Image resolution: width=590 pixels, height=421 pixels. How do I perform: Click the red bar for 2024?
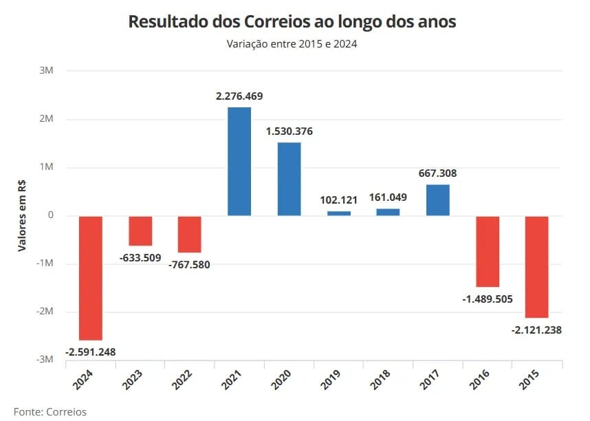(x=91, y=278)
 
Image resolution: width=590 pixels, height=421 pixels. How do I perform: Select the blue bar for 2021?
(x=239, y=162)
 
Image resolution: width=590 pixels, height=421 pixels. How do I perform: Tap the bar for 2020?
(x=289, y=179)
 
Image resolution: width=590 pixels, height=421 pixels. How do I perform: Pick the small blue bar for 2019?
(x=338, y=213)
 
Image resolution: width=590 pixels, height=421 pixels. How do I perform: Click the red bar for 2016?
(x=488, y=251)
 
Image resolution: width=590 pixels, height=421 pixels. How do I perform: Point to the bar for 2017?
(x=437, y=200)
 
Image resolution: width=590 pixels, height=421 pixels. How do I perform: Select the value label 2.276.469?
(x=239, y=96)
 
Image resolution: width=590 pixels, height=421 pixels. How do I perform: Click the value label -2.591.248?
(x=91, y=352)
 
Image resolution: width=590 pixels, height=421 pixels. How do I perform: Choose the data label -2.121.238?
(x=536, y=330)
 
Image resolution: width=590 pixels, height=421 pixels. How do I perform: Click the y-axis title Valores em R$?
(x=22, y=216)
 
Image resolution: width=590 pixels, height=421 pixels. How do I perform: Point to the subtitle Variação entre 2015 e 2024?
(x=292, y=43)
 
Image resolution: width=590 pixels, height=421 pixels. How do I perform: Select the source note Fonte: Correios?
(x=50, y=411)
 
